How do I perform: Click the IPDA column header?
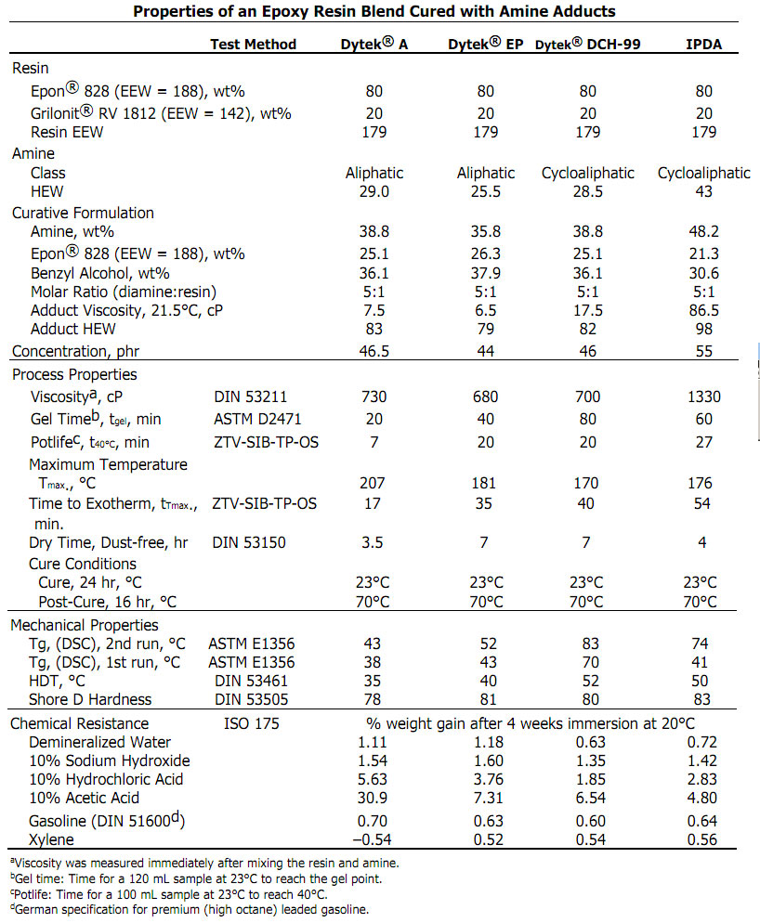(x=703, y=44)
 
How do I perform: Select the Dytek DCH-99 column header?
(x=587, y=44)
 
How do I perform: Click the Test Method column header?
(x=253, y=44)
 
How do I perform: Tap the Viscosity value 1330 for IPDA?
(x=703, y=396)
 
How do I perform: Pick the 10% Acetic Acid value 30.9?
(x=373, y=798)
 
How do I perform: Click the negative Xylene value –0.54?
(x=373, y=840)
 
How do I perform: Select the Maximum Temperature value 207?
(x=373, y=483)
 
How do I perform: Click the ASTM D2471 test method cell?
(x=256, y=419)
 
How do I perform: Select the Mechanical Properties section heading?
(x=85, y=625)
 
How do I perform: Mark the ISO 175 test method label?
(x=252, y=723)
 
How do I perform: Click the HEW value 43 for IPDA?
(x=703, y=191)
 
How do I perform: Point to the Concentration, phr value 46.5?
(x=373, y=351)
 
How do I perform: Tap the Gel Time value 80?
(x=587, y=419)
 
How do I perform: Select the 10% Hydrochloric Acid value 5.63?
(x=373, y=779)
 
